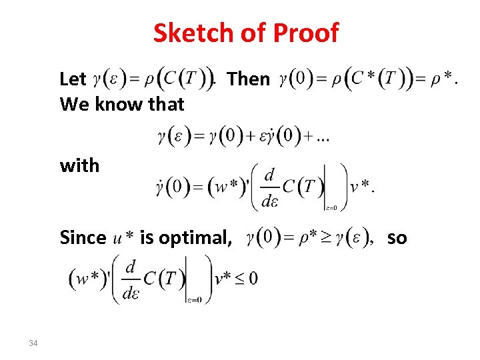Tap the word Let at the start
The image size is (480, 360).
pos(73,79)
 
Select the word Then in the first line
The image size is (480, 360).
pos(249,79)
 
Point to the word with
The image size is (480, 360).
pos(79,165)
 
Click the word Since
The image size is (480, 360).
pos(83,237)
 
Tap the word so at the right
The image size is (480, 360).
pos(397,237)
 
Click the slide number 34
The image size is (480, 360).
pos(34,343)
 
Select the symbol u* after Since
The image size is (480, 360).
pos(123,238)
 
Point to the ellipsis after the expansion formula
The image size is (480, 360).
pos(323,137)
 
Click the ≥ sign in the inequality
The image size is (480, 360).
pos(315,237)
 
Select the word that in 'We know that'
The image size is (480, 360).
pos(166,104)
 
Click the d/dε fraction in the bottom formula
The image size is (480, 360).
pos(130,278)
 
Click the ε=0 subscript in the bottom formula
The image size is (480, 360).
pos(195,299)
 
